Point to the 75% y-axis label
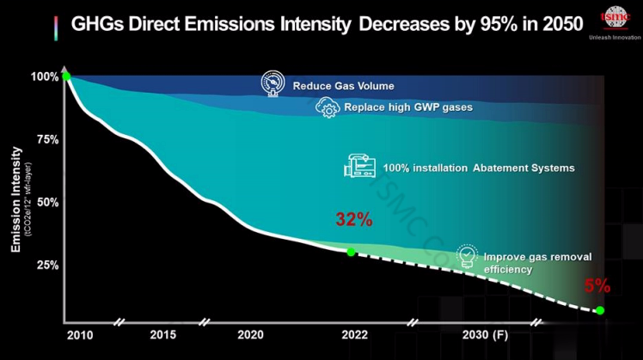tap(48, 139)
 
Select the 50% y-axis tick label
tap(48, 202)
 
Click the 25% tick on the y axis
tap(48, 265)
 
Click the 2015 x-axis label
tap(163, 334)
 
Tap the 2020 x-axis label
tap(250, 334)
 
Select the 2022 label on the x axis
tap(352, 334)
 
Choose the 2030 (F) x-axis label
tap(486, 334)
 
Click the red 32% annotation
tap(353, 219)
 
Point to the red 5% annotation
tap(597, 285)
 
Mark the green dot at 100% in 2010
tap(66, 76)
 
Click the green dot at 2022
tap(351, 252)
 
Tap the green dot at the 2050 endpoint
tap(599, 310)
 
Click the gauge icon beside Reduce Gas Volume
tap(273, 84)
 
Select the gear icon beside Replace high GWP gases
tap(328, 108)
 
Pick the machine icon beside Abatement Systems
tap(358, 166)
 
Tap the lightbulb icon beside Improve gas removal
tap(465, 255)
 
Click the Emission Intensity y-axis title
tap(15, 199)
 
